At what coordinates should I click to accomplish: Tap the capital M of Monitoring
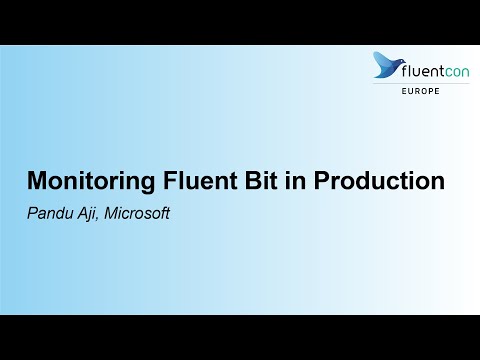(36, 182)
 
